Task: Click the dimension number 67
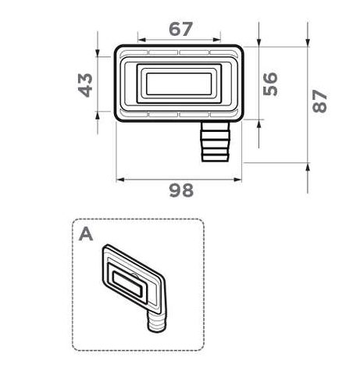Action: coord(180,29)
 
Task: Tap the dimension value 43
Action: coord(85,85)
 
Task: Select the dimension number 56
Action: coord(270,84)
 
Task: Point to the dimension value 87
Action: coord(319,101)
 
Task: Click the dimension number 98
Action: coord(181,190)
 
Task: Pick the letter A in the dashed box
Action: coord(86,234)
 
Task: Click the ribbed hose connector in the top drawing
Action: coord(216,141)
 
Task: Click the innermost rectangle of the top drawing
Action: coord(179,84)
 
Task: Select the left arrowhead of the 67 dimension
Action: coord(141,40)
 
